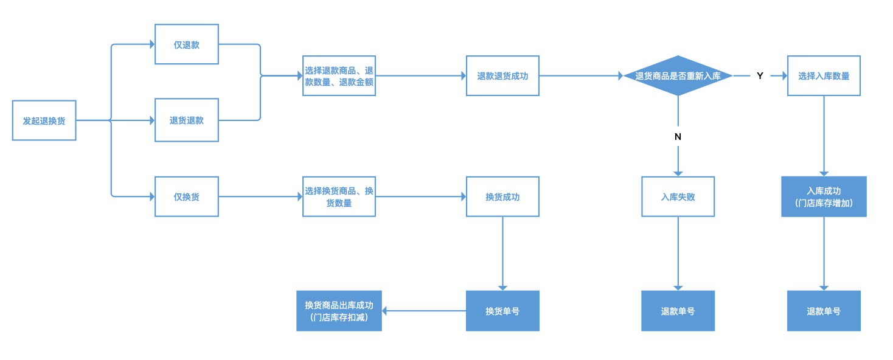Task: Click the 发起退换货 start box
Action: (44, 120)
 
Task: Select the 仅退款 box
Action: (186, 44)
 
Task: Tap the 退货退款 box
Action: (186, 120)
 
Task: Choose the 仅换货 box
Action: (186, 196)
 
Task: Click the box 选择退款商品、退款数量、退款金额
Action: (339, 75)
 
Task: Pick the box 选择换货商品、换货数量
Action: (339, 196)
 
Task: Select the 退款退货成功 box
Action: (502, 75)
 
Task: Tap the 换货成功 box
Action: (502, 196)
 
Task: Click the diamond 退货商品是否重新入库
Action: (678, 75)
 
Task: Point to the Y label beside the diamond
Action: (760, 75)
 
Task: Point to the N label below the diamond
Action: (678, 137)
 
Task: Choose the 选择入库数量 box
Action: (824, 75)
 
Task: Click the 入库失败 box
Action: (678, 196)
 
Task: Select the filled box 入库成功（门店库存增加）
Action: (824, 196)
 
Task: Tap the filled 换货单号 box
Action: (502, 311)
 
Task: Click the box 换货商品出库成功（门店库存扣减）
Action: (339, 311)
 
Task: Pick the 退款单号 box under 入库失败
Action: (678, 311)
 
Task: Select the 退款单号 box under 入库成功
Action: (824, 311)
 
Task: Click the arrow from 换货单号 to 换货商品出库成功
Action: (424, 311)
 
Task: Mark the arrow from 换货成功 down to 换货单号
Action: (502, 253)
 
